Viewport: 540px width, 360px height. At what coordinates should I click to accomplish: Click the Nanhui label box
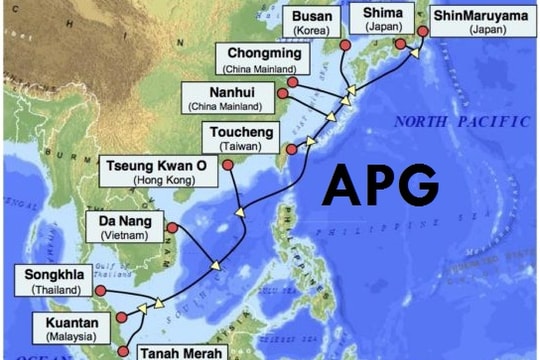(x=226, y=97)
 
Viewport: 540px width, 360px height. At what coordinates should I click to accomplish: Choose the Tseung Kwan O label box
(x=161, y=171)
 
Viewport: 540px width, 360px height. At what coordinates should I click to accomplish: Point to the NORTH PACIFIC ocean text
(x=461, y=122)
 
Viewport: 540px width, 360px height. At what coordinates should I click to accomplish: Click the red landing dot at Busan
(x=345, y=46)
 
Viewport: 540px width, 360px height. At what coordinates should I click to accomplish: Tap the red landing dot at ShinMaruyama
(x=423, y=32)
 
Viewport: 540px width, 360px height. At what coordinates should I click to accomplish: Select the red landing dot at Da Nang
(x=171, y=228)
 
